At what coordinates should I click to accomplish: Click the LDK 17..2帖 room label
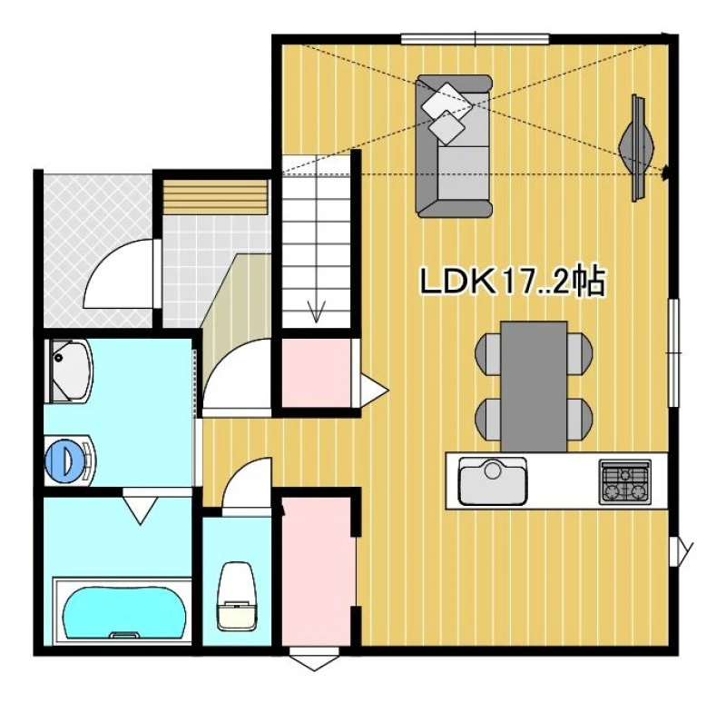(x=512, y=282)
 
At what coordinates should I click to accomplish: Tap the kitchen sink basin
(x=493, y=481)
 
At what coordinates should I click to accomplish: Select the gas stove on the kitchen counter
(x=625, y=481)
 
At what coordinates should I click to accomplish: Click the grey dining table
(x=534, y=386)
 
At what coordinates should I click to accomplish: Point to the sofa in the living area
(x=454, y=146)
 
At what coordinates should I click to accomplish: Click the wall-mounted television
(x=638, y=148)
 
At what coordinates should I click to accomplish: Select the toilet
(x=237, y=597)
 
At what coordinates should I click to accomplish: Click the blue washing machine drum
(x=62, y=460)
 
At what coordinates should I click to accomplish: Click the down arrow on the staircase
(x=316, y=311)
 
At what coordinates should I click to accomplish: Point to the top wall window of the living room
(x=475, y=39)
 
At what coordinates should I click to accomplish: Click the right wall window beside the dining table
(x=673, y=353)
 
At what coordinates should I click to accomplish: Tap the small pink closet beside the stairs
(x=316, y=373)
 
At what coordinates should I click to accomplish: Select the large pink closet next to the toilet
(x=318, y=570)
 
